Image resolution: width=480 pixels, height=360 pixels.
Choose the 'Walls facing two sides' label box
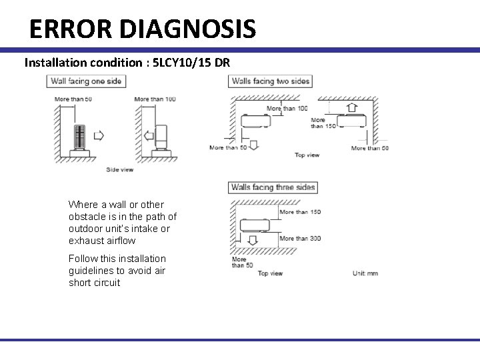[x=271, y=81]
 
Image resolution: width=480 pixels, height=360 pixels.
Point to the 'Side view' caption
[x=120, y=169]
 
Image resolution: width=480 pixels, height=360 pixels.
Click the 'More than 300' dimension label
[x=300, y=238]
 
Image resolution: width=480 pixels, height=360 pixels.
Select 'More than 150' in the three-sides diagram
[x=300, y=212]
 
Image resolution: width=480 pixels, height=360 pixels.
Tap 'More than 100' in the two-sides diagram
[x=287, y=108]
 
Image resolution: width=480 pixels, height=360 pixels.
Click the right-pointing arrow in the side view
[x=99, y=136]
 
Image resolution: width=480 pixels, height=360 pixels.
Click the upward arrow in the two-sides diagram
[x=351, y=107]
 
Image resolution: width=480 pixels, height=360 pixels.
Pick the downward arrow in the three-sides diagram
[x=253, y=239]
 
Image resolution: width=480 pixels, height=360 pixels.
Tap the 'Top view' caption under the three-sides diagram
[x=271, y=273]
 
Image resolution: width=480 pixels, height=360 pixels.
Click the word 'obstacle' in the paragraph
[x=87, y=217]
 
